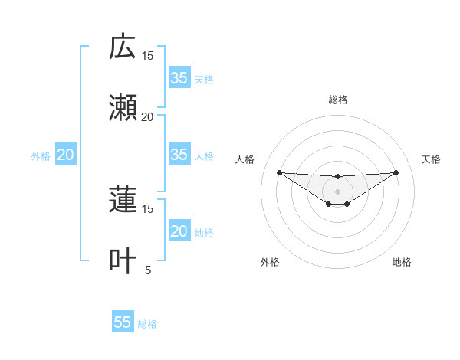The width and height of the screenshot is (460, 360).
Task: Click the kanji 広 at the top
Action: pyautogui.click(x=123, y=47)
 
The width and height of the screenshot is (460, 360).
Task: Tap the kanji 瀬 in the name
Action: pyautogui.click(x=123, y=108)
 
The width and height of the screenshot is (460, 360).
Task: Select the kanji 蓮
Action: pyautogui.click(x=123, y=200)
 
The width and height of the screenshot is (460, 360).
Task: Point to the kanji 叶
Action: pyautogui.click(x=123, y=261)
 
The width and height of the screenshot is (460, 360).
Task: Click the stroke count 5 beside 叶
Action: pyautogui.click(x=149, y=270)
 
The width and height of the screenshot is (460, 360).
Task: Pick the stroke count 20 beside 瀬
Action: pyautogui.click(x=147, y=116)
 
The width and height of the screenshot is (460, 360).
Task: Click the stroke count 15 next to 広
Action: pyautogui.click(x=147, y=55)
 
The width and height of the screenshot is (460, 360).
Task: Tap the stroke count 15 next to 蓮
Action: pyautogui.click(x=147, y=208)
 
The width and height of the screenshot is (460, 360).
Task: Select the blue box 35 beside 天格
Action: pyautogui.click(x=179, y=78)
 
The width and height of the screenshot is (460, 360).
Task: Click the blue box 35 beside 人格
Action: pyautogui.click(x=179, y=155)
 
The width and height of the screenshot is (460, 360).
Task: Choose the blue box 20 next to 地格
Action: pyautogui.click(x=179, y=231)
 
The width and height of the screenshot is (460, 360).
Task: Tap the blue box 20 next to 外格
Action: pyautogui.click(x=66, y=155)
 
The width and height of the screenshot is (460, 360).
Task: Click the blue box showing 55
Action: pyautogui.click(x=123, y=322)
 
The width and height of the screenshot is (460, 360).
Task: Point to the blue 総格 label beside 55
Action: pyautogui.click(x=147, y=323)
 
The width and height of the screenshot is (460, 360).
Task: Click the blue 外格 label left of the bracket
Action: pyautogui.click(x=41, y=155)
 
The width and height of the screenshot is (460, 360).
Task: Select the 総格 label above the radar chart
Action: pyautogui.click(x=338, y=100)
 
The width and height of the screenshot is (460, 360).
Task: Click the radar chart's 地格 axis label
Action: pyautogui.click(x=402, y=262)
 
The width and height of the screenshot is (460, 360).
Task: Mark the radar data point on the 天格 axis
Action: pyautogui.click(x=396, y=172)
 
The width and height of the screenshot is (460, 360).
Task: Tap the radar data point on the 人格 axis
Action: pyautogui.click(x=279, y=172)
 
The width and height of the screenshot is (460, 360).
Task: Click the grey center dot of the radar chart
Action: pyautogui.click(x=337, y=190)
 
